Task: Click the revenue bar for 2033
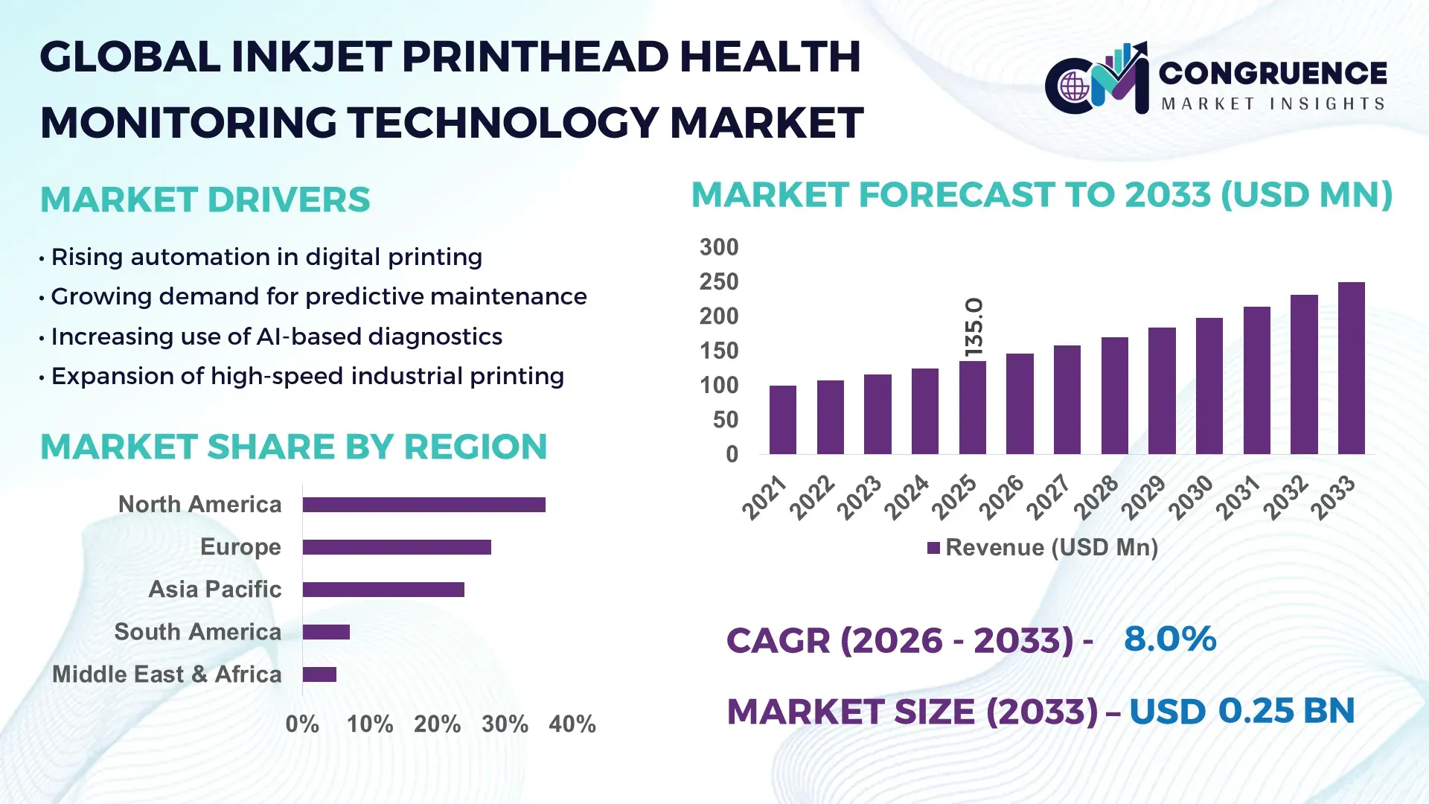1351,368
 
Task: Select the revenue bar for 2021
782,420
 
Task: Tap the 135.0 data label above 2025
974,327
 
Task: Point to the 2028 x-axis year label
1096,497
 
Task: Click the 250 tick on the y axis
718,282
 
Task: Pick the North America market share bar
423,505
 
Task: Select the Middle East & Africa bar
319,674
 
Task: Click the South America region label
197,632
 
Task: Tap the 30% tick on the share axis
505,724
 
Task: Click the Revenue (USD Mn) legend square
933,548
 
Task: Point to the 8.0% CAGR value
1169,639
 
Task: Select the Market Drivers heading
205,200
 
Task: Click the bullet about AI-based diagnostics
276,336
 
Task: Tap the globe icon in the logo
1074,87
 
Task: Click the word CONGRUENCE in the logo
1273,73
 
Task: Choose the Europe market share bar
397,547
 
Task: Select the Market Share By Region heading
293,447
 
